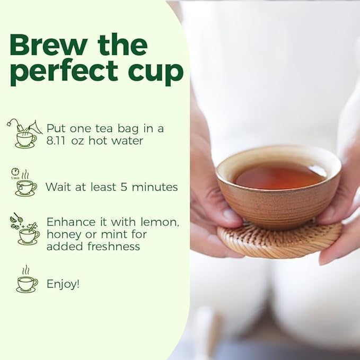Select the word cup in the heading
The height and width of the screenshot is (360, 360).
pos(157,72)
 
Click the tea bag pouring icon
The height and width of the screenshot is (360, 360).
pos(24,133)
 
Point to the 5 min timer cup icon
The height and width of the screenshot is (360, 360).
pos(23,183)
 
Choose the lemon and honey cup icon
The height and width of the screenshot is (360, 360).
pos(24,229)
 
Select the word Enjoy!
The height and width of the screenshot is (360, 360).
pos(63,284)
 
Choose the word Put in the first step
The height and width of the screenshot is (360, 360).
pos(56,128)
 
